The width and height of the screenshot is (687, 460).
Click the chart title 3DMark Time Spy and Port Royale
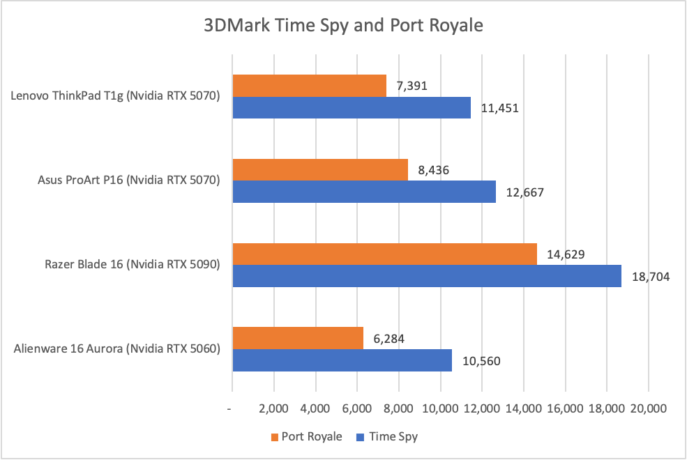point(343,26)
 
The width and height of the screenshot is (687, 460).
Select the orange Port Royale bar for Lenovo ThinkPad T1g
point(309,86)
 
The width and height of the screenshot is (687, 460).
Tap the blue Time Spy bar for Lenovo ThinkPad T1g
point(352,107)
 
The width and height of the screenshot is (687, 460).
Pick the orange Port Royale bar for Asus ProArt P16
point(320,169)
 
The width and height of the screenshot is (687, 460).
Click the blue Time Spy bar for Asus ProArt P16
point(364,191)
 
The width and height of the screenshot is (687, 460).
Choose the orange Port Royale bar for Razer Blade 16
point(384,254)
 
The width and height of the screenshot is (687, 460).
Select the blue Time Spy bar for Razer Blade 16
point(427,275)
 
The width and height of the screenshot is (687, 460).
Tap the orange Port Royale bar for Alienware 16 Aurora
point(298,338)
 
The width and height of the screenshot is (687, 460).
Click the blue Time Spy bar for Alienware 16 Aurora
point(342,360)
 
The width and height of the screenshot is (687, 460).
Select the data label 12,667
point(524,192)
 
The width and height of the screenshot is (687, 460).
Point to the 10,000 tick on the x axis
point(440,408)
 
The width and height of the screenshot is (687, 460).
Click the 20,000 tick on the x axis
point(649,408)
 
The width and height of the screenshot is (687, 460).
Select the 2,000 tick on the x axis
point(274,408)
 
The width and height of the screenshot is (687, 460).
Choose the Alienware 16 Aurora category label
point(116,348)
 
